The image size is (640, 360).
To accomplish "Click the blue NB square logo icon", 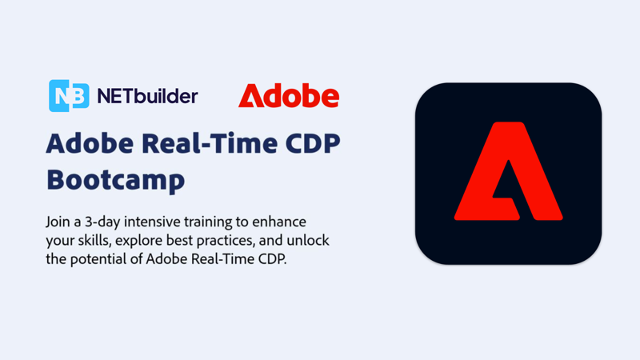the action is [x=69, y=95].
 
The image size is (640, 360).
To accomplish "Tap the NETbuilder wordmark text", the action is [x=147, y=96].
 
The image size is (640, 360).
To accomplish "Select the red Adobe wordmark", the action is [x=289, y=95].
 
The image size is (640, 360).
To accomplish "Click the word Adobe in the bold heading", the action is [x=90, y=144].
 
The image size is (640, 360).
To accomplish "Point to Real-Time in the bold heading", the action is [x=210, y=144].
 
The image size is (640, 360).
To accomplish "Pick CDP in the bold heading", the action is [x=313, y=144].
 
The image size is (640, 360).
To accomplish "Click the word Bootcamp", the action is [x=116, y=179].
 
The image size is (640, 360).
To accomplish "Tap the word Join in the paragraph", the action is [x=55, y=222].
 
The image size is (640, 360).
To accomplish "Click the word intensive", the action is [x=152, y=222].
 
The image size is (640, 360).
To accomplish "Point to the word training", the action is [x=208, y=222].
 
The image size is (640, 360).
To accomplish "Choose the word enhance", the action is [x=279, y=222].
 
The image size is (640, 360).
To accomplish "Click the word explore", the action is [x=138, y=242].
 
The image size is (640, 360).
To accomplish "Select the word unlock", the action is [x=308, y=240].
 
